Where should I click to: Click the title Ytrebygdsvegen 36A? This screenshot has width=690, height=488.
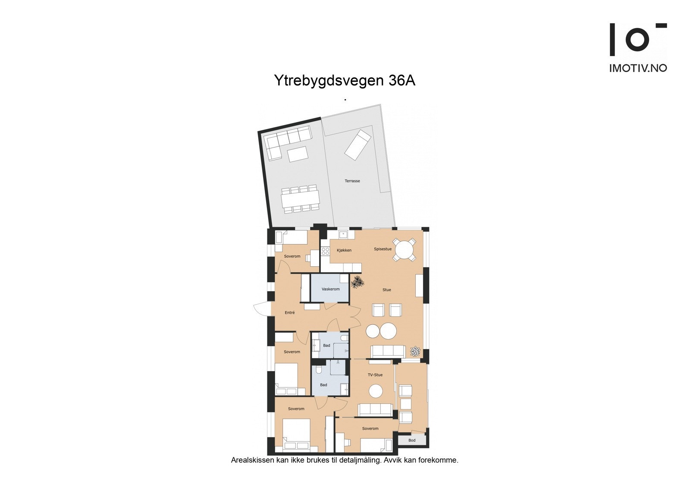345,81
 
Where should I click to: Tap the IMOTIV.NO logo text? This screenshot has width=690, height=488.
638,68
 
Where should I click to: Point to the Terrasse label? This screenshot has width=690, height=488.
352,181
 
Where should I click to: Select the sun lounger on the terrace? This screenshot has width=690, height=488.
358,145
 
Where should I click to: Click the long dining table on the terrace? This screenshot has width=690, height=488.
301,199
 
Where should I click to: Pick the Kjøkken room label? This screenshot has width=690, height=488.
344,250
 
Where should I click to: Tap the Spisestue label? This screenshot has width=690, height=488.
383,249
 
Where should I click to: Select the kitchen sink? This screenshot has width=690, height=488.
343,235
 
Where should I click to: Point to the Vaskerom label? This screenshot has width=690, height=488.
330,289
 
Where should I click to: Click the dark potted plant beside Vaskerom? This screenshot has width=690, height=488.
357,283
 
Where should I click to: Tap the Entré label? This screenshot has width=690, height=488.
290,313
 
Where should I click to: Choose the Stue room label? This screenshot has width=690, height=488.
387,290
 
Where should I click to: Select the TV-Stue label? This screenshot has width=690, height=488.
375,375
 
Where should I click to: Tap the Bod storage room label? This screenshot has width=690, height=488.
412,441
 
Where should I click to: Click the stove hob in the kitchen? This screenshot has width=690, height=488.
325,251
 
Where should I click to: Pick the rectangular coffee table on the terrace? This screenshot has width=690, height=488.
298,154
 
